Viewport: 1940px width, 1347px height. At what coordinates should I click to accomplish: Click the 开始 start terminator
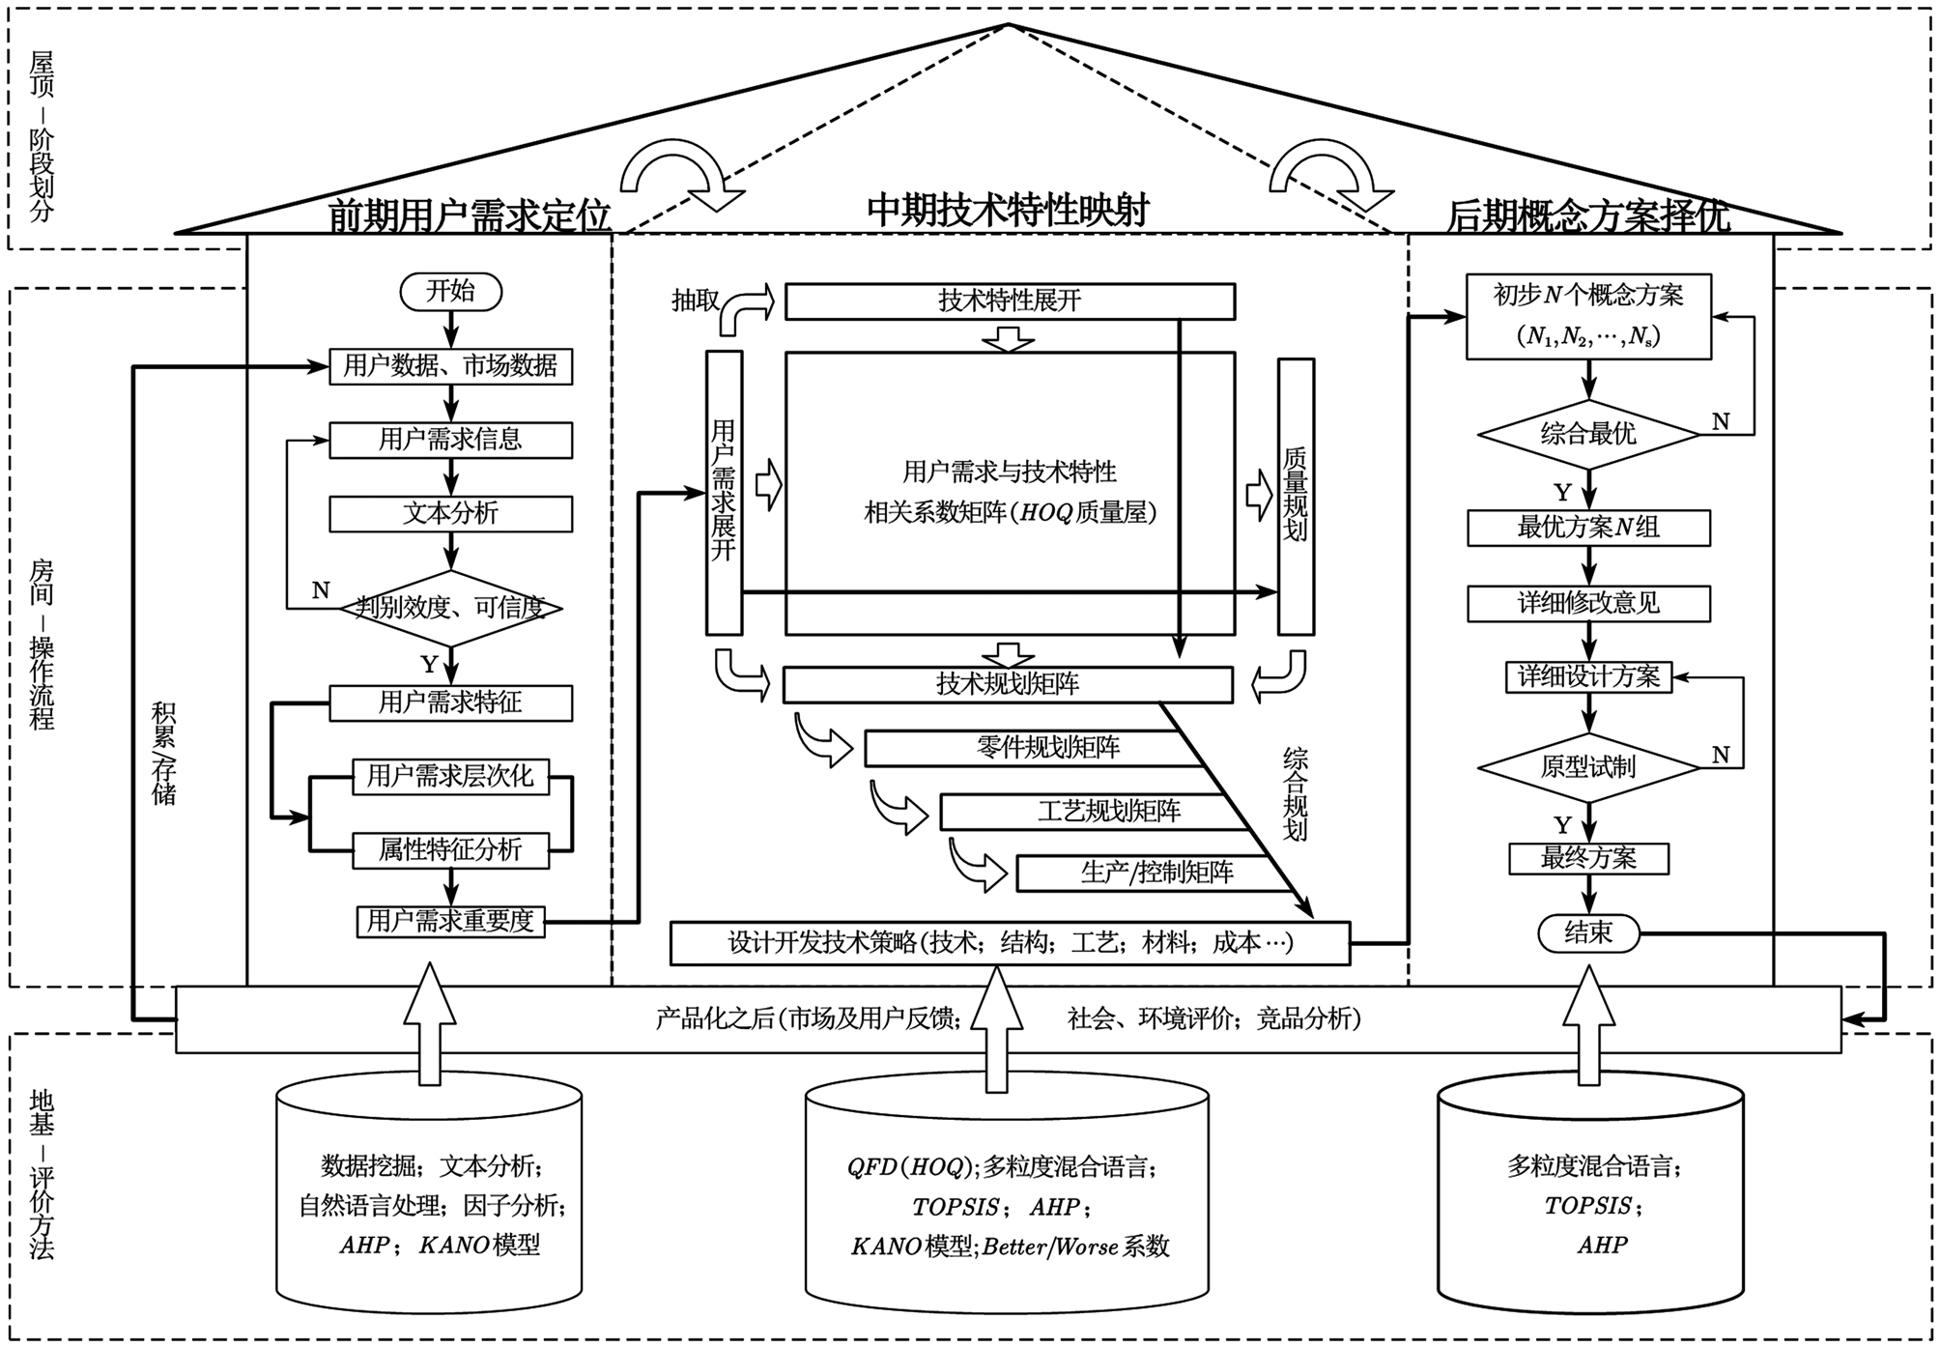pos(450,292)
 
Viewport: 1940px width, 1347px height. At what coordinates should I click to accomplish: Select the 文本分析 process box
pos(450,513)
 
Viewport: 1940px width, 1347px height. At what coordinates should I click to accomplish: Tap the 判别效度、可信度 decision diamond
pos(450,608)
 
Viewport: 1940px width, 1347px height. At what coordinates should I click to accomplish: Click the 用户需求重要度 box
pos(450,921)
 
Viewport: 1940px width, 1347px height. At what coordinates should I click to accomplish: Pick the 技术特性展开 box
pos(1010,301)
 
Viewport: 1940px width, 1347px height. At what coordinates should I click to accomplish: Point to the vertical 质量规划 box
pos(1296,496)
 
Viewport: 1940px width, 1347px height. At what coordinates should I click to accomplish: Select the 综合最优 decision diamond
pos(1588,434)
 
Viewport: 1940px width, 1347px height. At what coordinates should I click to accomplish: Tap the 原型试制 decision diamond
pos(1588,767)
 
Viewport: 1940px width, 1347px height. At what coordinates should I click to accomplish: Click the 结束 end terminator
pos(1588,932)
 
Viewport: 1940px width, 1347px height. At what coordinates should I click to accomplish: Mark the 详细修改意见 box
pos(1588,604)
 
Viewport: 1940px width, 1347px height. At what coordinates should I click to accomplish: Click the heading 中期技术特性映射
pos(1008,210)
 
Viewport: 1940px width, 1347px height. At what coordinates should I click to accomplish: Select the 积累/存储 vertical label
pos(163,753)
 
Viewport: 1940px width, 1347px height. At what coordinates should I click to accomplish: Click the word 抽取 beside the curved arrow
pos(696,301)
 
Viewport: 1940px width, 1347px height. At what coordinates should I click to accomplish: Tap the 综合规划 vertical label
pos(1295,793)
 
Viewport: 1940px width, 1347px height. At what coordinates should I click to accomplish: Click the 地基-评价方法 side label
pos(42,1174)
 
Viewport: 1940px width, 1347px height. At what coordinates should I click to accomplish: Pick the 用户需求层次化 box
pos(450,776)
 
